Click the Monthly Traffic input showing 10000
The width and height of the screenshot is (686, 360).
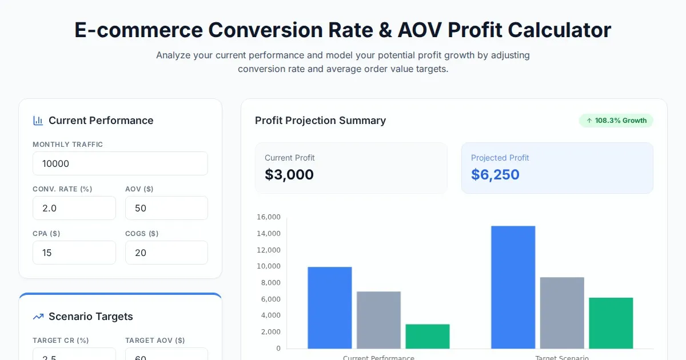120,163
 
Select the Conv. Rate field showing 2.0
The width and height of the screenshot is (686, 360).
74,208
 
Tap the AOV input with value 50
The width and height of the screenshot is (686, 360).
166,208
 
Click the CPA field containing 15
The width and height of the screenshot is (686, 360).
74,253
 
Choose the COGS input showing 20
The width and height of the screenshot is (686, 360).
166,253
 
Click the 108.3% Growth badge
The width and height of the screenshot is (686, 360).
616,121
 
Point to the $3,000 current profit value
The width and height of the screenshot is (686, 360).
289,175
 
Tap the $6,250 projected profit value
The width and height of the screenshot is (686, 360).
495,175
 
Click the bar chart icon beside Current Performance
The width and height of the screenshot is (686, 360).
38,121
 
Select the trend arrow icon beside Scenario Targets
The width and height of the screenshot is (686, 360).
38,317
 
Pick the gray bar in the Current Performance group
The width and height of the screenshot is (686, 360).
378,320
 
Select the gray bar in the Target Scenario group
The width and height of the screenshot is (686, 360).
562,313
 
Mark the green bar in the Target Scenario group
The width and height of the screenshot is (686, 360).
611,323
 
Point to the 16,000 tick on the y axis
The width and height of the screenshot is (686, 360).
269,217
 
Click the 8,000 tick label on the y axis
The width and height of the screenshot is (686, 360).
270,283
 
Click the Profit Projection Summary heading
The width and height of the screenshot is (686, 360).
320,121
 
